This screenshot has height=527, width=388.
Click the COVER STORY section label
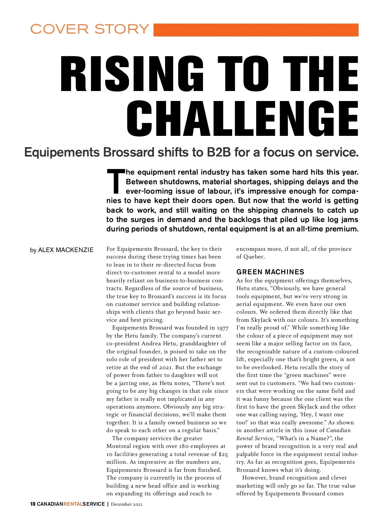(x=90, y=29)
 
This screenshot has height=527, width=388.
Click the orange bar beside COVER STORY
(x=256, y=30)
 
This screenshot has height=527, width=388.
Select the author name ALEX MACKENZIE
(x=66, y=250)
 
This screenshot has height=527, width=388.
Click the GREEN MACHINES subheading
(x=270, y=272)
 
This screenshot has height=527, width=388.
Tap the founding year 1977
(x=222, y=328)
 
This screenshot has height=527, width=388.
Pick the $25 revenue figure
(x=223, y=454)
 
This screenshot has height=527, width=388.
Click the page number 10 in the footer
(x=33, y=504)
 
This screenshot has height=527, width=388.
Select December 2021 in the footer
(x=127, y=504)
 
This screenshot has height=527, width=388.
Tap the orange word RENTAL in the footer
(x=73, y=504)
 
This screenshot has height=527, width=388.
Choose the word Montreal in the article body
(x=120, y=446)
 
